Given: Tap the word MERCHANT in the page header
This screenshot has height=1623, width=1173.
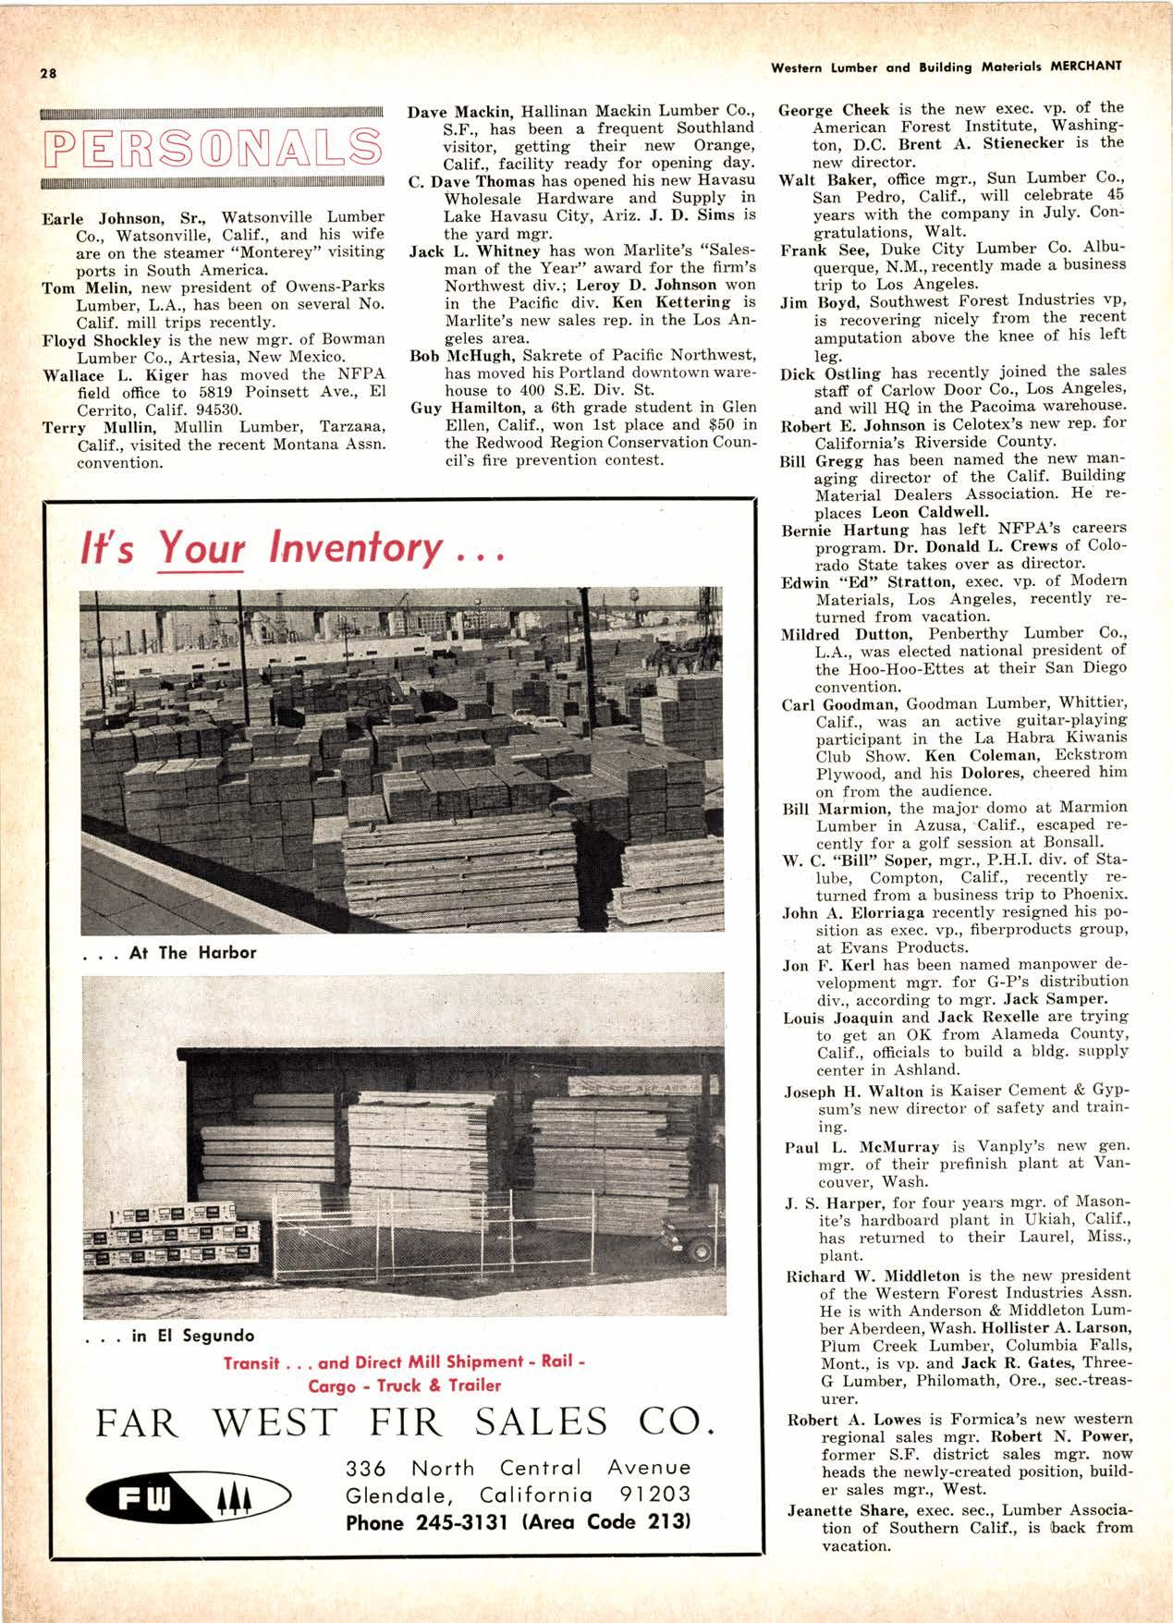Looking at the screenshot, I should click(1084, 66).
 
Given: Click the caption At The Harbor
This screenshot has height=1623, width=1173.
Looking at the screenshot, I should click(193, 952).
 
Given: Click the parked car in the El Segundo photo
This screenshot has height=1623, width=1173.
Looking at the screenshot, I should click(693, 1249).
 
